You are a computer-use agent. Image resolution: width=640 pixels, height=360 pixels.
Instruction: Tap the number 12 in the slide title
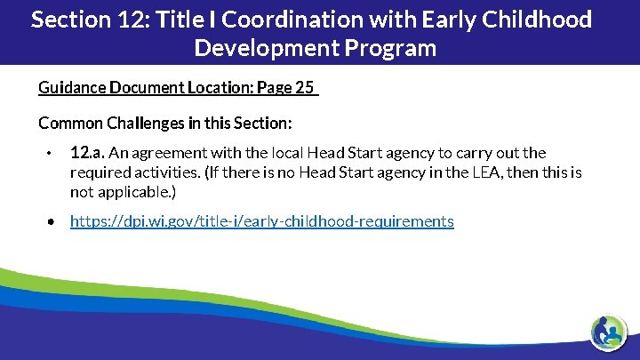(x=129, y=20)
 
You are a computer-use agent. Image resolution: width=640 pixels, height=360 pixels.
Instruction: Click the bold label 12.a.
(x=87, y=153)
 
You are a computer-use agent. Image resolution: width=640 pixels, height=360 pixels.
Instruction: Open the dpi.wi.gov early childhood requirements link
(x=261, y=221)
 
